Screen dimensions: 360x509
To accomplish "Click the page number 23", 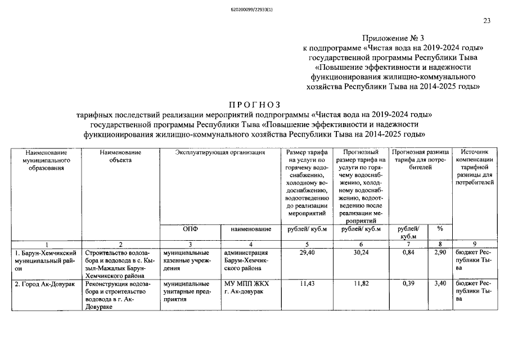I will coord(487,21).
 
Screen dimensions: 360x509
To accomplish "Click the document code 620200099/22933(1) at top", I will coord(255,10).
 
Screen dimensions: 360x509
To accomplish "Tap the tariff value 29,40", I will coord(306,253).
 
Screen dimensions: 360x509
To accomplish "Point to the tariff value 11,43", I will coord(306,284).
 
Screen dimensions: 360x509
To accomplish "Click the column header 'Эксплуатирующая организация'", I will coord(220,152).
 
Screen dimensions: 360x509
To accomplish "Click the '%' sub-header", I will coord(440,229).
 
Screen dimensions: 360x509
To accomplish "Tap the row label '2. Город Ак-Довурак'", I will coord(42,284).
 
